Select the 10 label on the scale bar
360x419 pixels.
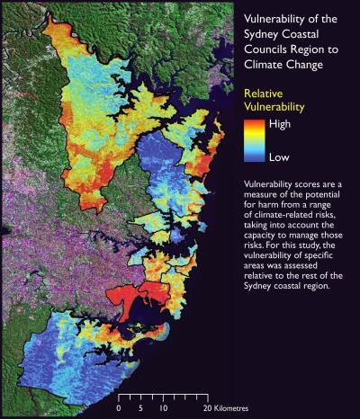(x=163, y=407)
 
